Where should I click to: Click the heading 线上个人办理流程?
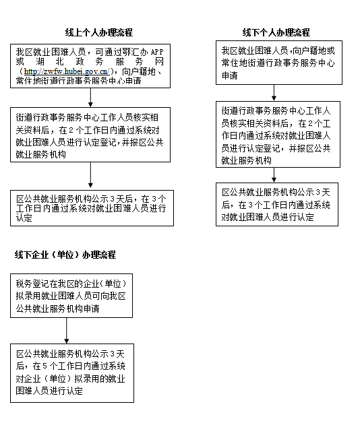[99, 32]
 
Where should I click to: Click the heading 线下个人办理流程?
[276, 32]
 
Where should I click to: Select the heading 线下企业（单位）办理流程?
[65, 255]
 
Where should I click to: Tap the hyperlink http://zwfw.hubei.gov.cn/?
[67, 71]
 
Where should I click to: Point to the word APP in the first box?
[157, 52]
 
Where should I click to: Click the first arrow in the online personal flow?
[90, 98]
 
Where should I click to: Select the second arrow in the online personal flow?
[90, 175]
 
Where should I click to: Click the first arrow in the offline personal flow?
[274, 92]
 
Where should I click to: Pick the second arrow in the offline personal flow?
[274, 175]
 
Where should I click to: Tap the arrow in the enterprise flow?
[67, 331]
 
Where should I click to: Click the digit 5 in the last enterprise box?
[44, 366]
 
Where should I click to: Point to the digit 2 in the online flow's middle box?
[71, 130]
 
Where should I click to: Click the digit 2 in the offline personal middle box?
[310, 123]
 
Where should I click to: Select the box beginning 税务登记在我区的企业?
[71, 296]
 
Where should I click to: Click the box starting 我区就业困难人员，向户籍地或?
[279, 63]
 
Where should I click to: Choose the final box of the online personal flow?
[92, 208]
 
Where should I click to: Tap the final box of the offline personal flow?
[277, 204]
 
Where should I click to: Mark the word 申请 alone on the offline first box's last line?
[230, 75]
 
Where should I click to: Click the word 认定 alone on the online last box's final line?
[24, 218]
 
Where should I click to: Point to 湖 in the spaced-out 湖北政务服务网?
[40, 62]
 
